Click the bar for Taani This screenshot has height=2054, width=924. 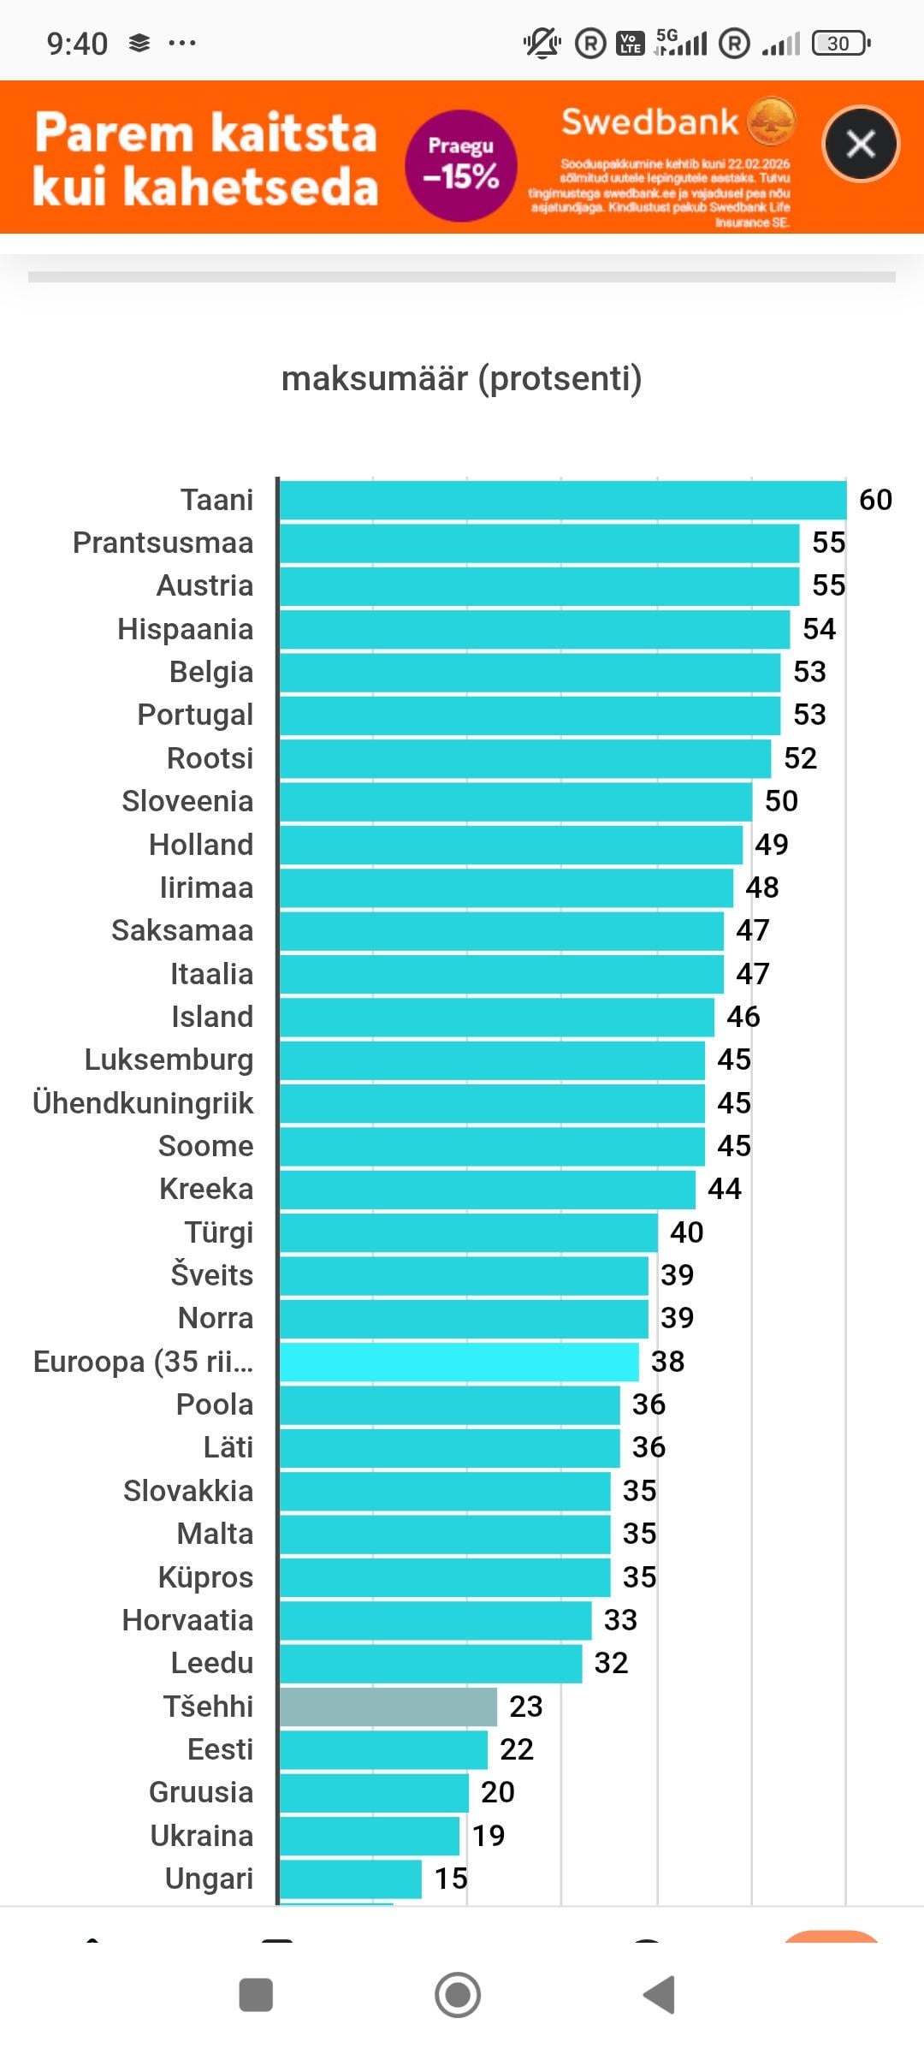coord(562,500)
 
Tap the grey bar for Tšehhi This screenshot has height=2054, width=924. coord(388,1707)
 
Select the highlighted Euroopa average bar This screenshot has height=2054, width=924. coord(459,1362)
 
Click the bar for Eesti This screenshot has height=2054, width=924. coord(383,1749)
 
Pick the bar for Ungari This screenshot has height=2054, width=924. coord(351,1879)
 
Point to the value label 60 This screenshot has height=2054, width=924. coord(875,500)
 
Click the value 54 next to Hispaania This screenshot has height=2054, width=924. coord(819,629)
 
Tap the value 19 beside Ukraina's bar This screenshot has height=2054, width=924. coord(489,1836)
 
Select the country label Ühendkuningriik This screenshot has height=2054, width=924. coord(143,1103)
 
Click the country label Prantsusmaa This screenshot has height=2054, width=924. coord(163,543)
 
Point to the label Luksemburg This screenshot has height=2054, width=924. coord(169,1060)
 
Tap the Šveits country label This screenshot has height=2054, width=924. coord(211,1275)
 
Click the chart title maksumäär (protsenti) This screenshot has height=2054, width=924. coord(462,378)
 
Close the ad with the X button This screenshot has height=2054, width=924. coord(860,144)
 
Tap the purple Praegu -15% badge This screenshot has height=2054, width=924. coord(461,165)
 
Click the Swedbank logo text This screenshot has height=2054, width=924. coord(649,122)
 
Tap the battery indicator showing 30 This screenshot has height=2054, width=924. coord(840,43)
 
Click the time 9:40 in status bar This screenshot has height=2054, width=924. coord(77,43)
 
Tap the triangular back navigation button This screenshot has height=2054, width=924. coord(660,1995)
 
